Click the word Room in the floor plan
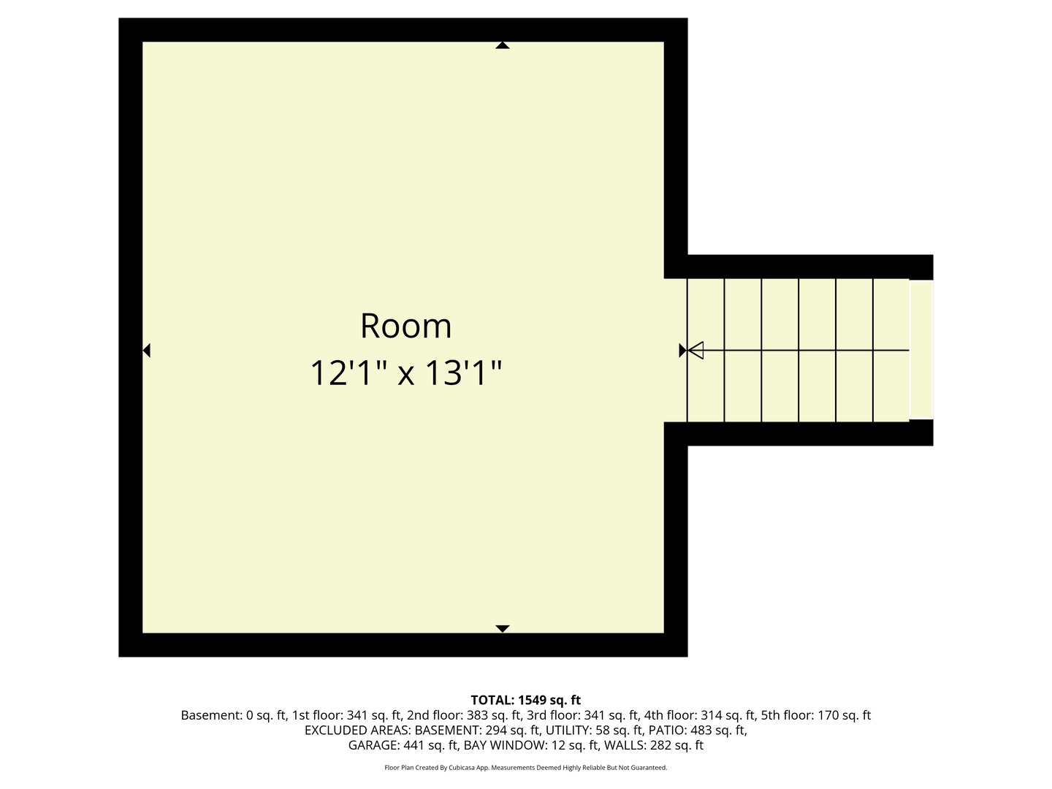point(405,326)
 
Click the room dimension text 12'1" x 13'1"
point(405,373)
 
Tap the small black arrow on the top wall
point(502,45)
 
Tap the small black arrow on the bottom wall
point(502,628)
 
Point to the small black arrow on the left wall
point(146,351)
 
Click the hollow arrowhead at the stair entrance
point(695,351)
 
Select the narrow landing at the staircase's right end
point(921,349)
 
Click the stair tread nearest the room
point(705,314)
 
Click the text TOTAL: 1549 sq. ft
point(525,700)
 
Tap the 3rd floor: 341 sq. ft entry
point(582,715)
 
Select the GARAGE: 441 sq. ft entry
point(403,746)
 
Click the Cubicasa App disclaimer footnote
point(525,768)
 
